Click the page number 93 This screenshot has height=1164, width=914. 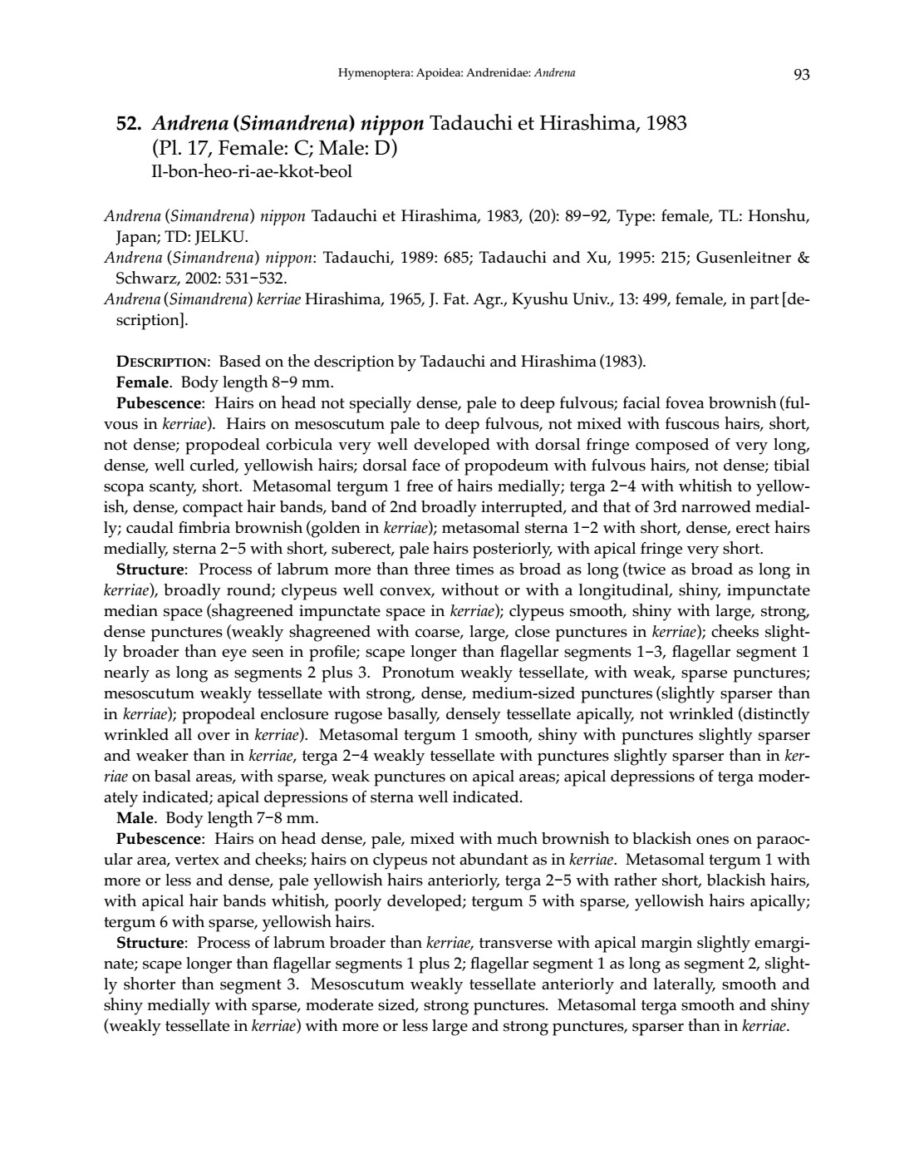click(x=801, y=74)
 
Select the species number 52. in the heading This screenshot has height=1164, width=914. click(x=130, y=125)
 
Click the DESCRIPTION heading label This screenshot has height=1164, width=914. click(x=163, y=362)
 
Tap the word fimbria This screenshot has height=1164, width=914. click(x=272, y=528)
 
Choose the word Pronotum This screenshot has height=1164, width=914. click(x=417, y=673)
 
